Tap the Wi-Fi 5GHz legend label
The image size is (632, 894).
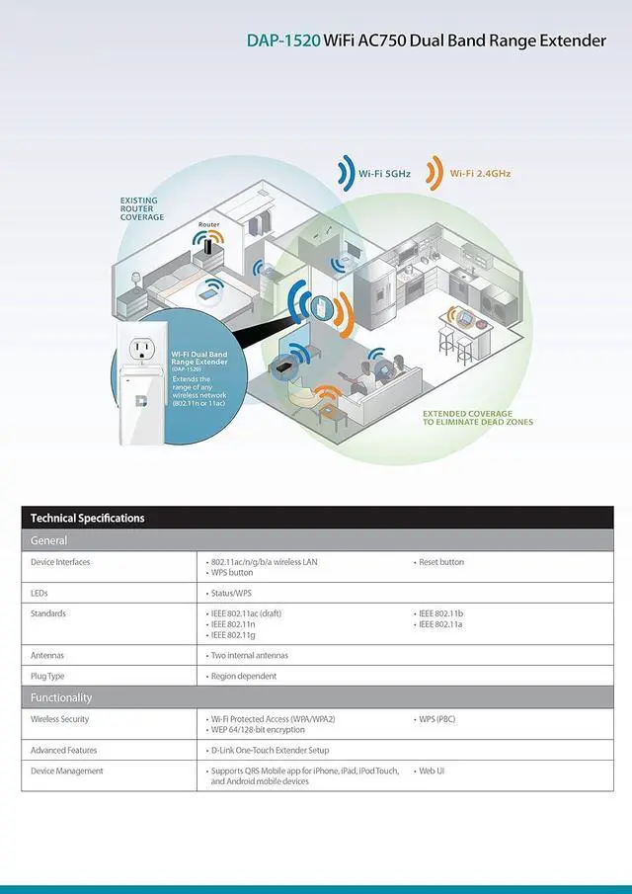click(384, 173)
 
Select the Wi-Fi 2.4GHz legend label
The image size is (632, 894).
click(481, 173)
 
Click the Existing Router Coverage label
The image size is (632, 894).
click(142, 208)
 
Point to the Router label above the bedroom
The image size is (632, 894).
click(208, 225)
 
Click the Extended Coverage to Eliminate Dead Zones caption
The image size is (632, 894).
click(477, 417)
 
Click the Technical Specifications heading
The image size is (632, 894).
click(87, 519)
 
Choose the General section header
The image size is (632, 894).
click(49, 540)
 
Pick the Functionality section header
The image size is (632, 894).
click(61, 697)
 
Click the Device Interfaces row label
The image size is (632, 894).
click(60, 562)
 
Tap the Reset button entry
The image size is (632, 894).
click(440, 562)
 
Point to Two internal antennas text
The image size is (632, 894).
click(250, 656)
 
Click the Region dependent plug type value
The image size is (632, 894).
click(244, 677)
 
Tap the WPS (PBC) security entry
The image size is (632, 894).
click(436, 719)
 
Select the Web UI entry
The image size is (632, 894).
click(431, 771)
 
